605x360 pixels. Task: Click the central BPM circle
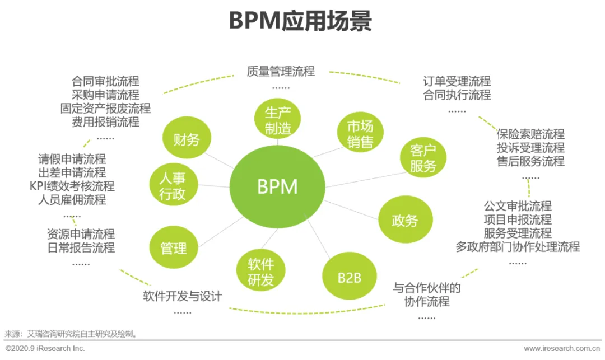tap(278, 186)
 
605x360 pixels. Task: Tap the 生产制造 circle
tap(278, 120)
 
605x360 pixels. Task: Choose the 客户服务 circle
tap(423, 158)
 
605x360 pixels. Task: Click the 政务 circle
tap(404, 220)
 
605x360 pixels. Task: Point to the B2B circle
tap(349, 277)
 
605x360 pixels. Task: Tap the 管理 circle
tap(174, 247)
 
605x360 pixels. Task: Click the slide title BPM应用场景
tap(300, 22)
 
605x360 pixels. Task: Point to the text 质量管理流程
tap(281, 71)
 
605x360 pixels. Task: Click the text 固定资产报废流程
tap(105, 108)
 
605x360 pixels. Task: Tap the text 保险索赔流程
tap(530, 134)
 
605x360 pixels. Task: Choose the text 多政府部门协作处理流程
tap(517, 247)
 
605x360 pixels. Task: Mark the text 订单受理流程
tap(457, 81)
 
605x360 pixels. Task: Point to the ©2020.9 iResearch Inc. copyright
tap(45, 349)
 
